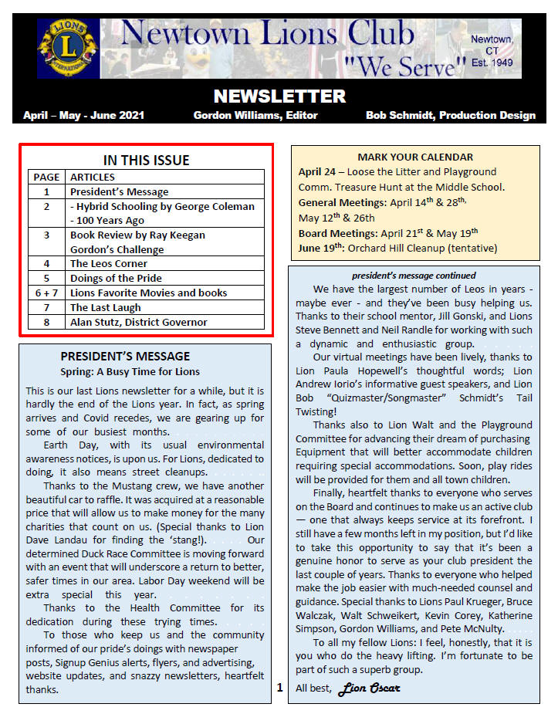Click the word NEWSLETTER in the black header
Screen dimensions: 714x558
click(279, 96)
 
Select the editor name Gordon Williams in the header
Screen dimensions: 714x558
click(255, 116)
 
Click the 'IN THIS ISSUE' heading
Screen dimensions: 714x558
click(146, 161)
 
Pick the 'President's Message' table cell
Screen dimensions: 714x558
click(119, 191)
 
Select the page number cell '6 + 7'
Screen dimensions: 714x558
click(46, 293)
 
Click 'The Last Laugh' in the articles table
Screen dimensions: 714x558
click(105, 307)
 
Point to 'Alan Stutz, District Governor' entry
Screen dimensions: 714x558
click(138, 322)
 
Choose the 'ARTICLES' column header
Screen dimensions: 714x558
click(93, 177)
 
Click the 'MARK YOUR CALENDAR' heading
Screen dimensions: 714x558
click(415, 157)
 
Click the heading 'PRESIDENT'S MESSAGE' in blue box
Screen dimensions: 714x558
click(125, 356)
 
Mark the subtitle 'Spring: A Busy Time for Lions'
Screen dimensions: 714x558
click(130, 372)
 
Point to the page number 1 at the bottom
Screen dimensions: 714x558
click(280, 686)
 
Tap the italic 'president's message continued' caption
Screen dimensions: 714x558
click(414, 276)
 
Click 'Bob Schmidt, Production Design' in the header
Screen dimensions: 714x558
click(451, 116)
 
